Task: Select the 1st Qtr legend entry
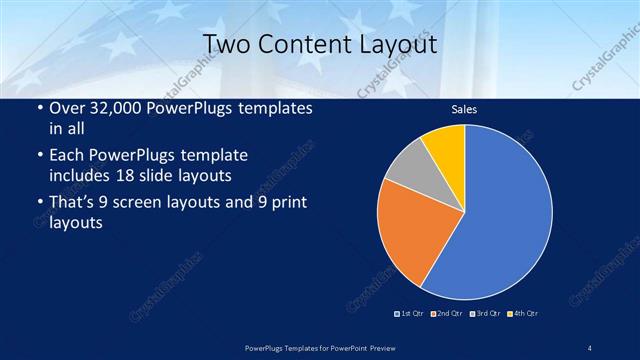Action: point(410,313)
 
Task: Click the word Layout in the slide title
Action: point(394,46)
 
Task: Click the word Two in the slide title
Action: point(224,46)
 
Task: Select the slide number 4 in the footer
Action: point(590,346)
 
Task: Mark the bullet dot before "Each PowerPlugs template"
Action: point(39,157)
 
